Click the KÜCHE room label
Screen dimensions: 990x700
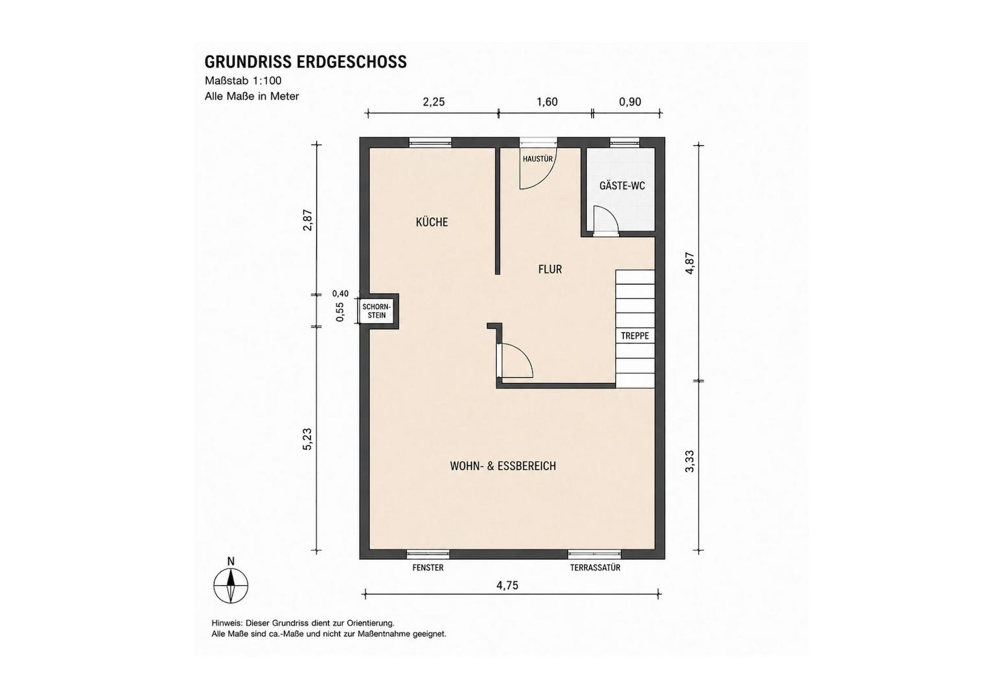tap(432, 222)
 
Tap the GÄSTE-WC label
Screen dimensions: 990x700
tap(622, 185)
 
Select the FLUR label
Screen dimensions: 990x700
tap(550, 269)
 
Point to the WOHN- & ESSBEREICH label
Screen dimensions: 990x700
tap(503, 466)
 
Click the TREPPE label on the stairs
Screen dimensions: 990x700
tap(635, 336)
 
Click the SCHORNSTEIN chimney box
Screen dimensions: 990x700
tap(377, 311)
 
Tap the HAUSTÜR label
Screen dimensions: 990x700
tap(537, 159)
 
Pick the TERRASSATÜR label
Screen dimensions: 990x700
tap(595, 568)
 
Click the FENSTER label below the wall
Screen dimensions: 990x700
tap(428, 568)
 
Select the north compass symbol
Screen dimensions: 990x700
tap(231, 582)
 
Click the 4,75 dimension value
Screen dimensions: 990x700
tap(508, 585)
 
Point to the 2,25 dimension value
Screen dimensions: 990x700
tap(434, 102)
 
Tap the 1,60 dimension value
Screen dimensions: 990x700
tap(547, 102)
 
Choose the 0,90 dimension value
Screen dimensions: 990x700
tap(630, 102)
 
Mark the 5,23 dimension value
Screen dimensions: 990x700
tap(307, 439)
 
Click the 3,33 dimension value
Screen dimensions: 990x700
tap(689, 461)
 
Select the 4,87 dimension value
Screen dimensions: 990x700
tap(689, 263)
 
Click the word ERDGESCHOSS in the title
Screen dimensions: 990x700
tap(352, 62)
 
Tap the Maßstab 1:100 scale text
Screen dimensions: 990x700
tap(243, 81)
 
